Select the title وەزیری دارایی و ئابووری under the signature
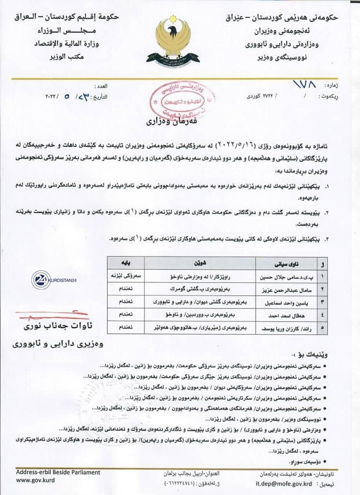59,345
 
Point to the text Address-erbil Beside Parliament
58,472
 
